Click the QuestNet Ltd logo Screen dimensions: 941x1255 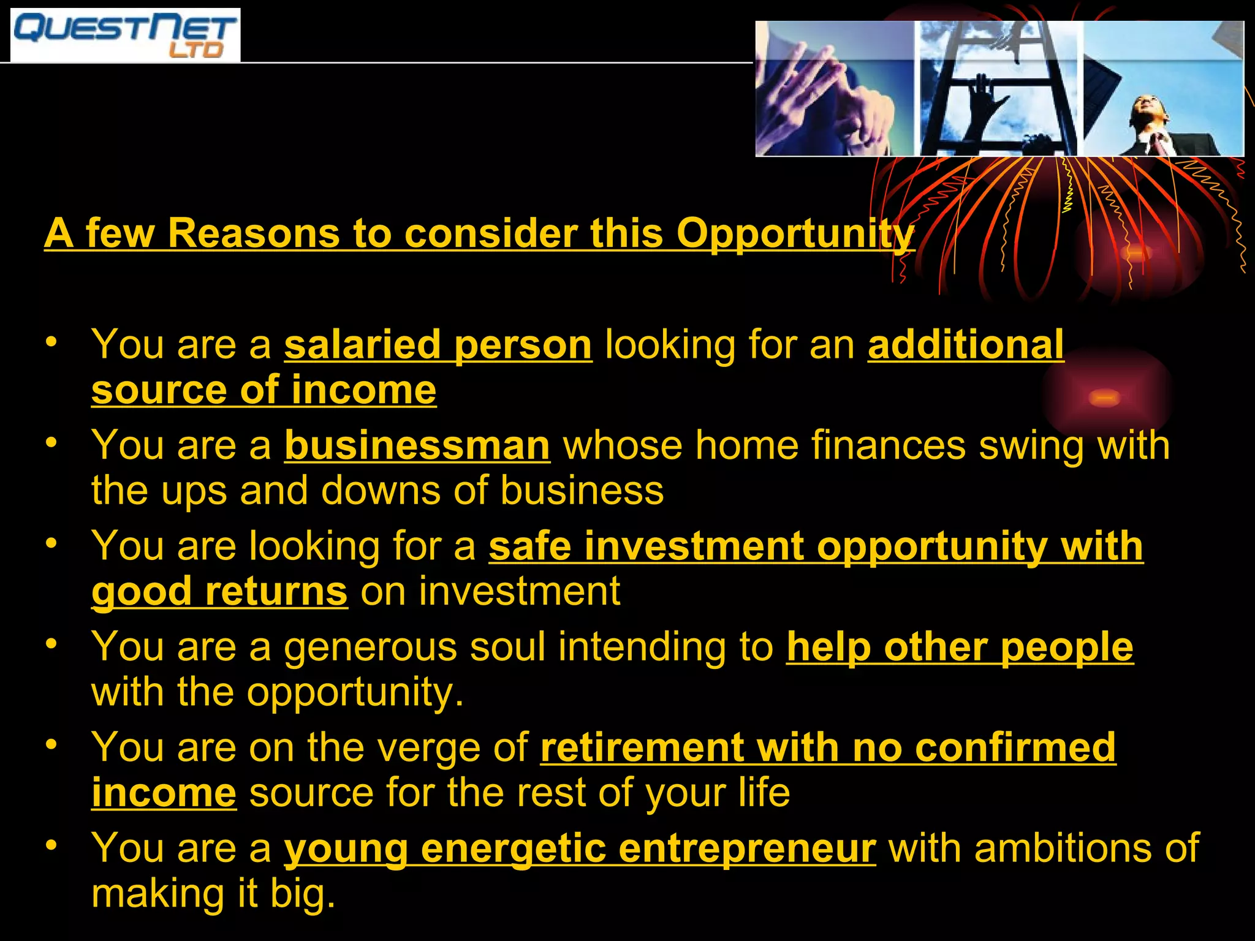tap(125, 35)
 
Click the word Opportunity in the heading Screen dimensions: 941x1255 tap(795, 234)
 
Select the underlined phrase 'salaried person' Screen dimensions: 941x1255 tap(438, 345)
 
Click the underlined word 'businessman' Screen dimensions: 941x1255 tap(417, 445)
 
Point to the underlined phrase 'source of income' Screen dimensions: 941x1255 tap(264, 390)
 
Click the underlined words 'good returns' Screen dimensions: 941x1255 tap(219, 592)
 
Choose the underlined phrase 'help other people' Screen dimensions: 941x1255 tap(960, 648)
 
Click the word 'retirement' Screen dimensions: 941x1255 tap(642, 748)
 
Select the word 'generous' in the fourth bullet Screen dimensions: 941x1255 tap(370, 648)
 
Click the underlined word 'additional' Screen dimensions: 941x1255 tap(966, 345)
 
